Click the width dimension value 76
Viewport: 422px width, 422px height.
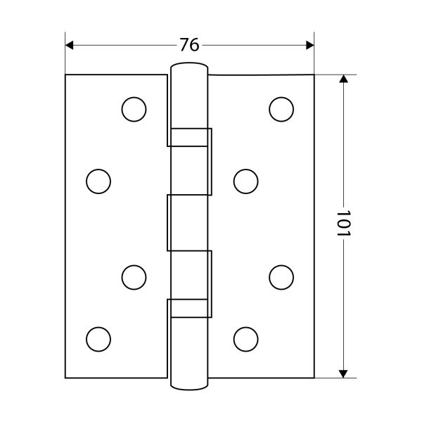pos(189,45)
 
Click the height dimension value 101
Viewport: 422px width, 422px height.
pos(344,224)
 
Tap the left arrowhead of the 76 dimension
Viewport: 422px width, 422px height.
pos(69,45)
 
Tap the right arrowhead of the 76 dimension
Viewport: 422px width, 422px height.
pos(310,45)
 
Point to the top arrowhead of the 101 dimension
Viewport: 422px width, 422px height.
pos(343,79)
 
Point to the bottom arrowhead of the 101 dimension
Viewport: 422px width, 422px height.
pos(343,374)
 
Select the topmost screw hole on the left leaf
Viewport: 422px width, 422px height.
pos(134,109)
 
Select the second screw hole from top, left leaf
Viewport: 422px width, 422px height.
pos(98,181)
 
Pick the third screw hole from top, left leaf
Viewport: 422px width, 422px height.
pos(134,278)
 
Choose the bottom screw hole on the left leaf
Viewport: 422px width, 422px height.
pos(98,340)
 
